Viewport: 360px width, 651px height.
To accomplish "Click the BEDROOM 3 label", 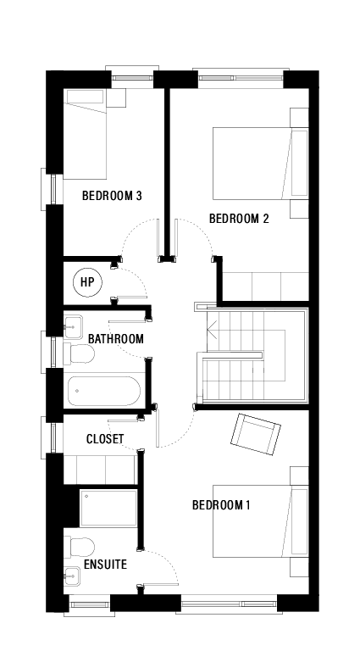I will [x=111, y=196].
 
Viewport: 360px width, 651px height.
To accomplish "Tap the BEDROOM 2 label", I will [x=239, y=219].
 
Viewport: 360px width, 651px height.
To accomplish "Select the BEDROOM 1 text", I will [x=221, y=505].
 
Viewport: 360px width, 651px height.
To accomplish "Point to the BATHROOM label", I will [x=116, y=339].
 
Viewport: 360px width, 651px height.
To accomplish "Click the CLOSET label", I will [x=105, y=439].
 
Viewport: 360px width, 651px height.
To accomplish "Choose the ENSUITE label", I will [x=105, y=564].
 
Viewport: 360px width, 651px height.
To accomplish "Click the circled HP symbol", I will [x=86, y=282].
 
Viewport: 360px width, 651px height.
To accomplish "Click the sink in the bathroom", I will [x=72, y=324].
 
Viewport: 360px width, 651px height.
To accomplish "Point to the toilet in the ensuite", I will [x=79, y=545].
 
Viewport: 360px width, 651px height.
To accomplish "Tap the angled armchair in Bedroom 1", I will [x=255, y=434].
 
